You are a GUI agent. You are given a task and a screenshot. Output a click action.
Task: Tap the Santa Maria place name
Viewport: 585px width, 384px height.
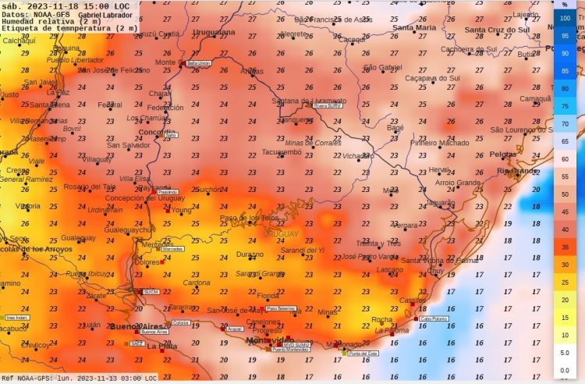pyautogui.click(x=414, y=27)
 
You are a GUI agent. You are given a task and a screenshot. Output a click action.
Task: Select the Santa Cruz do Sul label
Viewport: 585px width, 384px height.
pyautogui.click(x=496, y=30)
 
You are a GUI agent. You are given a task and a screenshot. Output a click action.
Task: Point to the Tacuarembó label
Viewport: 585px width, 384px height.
pyautogui.click(x=282, y=151)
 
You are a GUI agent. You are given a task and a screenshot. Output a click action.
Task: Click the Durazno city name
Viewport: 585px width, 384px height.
pyautogui.click(x=250, y=254)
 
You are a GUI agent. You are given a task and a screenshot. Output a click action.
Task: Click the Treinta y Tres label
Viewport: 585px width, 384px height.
pyautogui.click(x=378, y=243)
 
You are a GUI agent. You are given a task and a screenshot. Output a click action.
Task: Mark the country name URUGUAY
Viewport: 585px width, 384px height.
pyautogui.click(x=281, y=234)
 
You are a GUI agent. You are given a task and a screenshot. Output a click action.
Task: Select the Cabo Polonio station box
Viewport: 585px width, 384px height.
pyautogui.click(x=434, y=318)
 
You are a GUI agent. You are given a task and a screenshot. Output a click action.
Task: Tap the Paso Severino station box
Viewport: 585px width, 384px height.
pyautogui.click(x=280, y=308)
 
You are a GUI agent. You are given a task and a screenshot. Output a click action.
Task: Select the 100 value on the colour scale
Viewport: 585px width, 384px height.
pyautogui.click(x=565, y=16)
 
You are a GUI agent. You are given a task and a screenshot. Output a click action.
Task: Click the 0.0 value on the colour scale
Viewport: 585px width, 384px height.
pyautogui.click(x=565, y=371)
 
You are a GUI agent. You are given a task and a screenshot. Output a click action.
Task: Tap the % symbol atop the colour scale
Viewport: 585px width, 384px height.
pyautogui.click(x=565, y=5)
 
